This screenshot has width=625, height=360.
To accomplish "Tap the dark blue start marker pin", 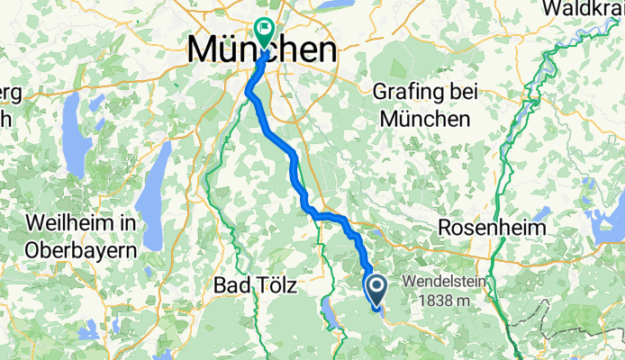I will point(376,288).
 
